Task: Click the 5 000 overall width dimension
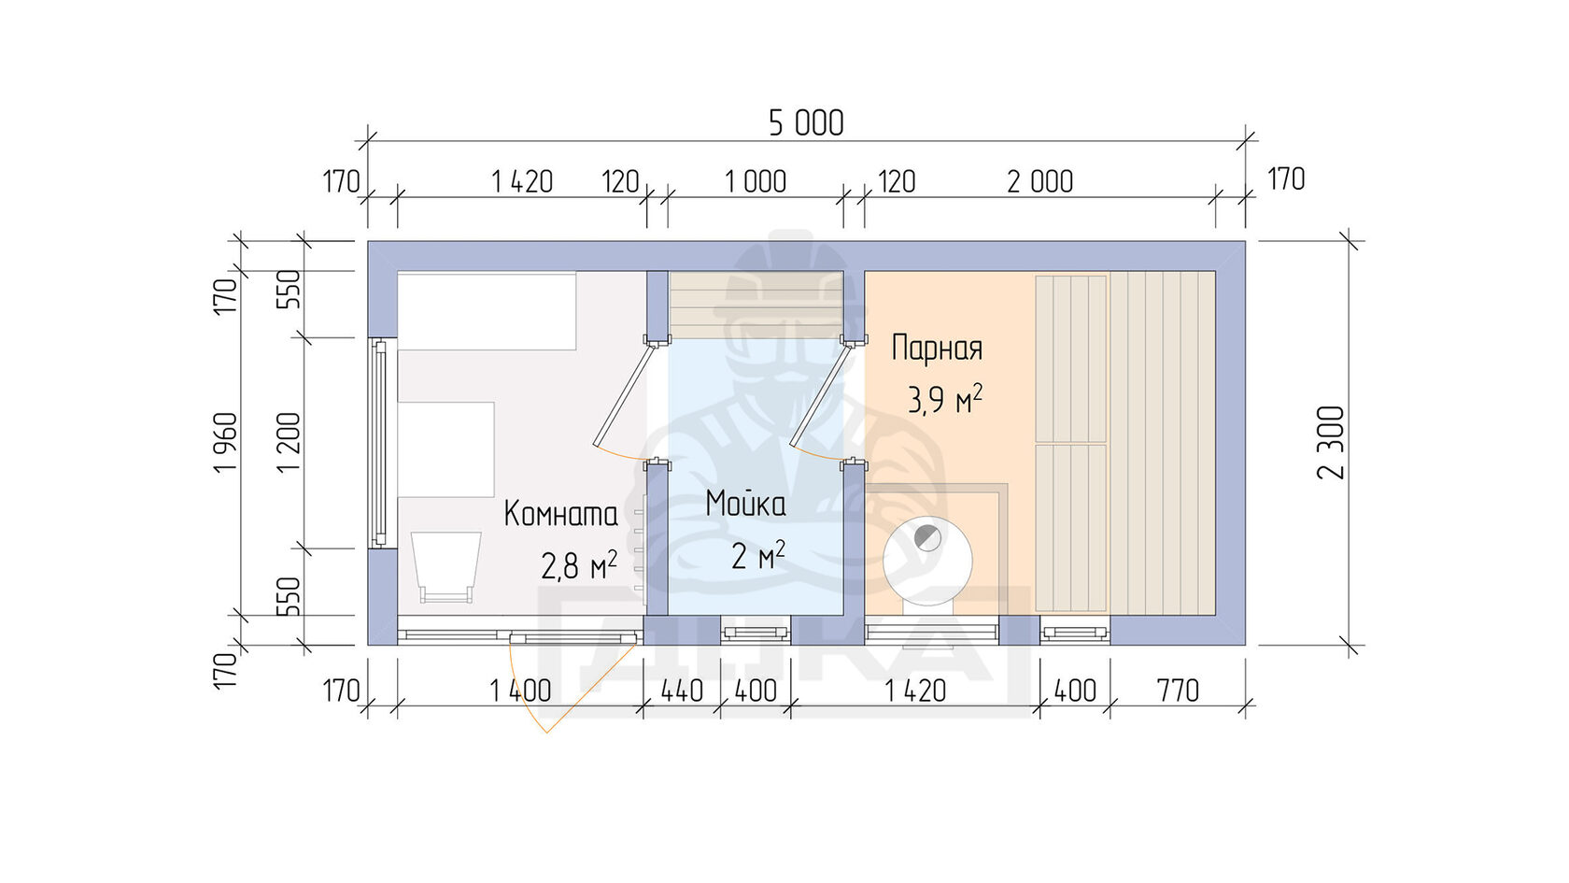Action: pyautogui.click(x=806, y=123)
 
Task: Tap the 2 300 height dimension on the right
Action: pyautogui.click(x=1332, y=442)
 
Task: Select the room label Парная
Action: pyautogui.click(x=938, y=349)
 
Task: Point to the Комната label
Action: pyautogui.click(x=561, y=514)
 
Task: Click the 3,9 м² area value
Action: pyautogui.click(x=945, y=400)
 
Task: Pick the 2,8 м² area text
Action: pyautogui.click(x=579, y=564)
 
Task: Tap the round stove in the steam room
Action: pyautogui.click(x=927, y=561)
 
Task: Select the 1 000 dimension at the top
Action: pyautogui.click(x=755, y=182)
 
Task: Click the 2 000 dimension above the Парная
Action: pyautogui.click(x=1040, y=182)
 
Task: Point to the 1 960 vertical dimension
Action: pyautogui.click(x=226, y=442)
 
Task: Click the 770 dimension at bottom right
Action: pyautogui.click(x=1178, y=691)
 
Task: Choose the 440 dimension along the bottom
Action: pyautogui.click(x=682, y=691)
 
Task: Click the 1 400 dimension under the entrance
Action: pyautogui.click(x=520, y=691)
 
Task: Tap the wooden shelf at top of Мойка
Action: pyautogui.click(x=756, y=305)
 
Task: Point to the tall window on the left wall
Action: pyautogui.click(x=379, y=443)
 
